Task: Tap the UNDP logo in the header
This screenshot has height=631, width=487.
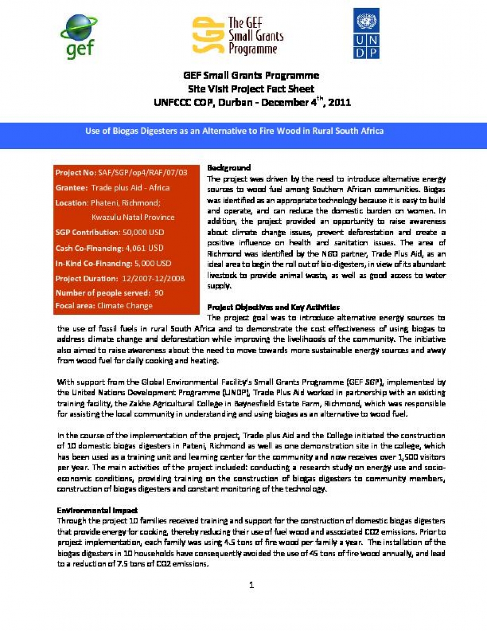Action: point(366,34)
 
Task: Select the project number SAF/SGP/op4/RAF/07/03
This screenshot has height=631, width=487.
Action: point(143,172)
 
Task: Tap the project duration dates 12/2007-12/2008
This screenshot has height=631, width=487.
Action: point(153,278)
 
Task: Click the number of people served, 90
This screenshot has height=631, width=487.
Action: point(159,292)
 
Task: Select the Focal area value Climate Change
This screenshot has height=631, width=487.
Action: point(125,305)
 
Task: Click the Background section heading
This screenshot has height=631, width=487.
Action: point(229,168)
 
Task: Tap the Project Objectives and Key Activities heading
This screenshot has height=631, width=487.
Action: point(273,307)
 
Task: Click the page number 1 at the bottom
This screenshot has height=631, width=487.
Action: point(251,584)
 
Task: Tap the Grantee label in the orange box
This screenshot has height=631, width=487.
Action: point(71,187)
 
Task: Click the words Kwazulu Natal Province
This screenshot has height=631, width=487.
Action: point(133,217)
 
